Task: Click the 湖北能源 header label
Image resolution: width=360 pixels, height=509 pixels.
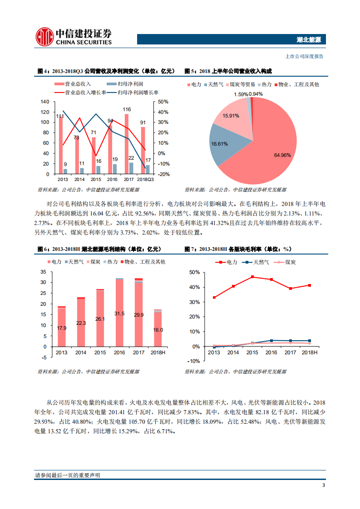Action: pyautogui.click(x=309, y=40)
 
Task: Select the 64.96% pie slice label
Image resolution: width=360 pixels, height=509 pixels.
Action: pyautogui.click(x=282, y=155)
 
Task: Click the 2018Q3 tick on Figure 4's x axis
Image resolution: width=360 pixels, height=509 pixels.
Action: pyautogui.click(x=146, y=179)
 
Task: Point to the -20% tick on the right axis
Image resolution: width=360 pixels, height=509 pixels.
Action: pyautogui.click(x=164, y=174)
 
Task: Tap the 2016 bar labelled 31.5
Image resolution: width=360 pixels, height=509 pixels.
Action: pyautogui.click(x=119, y=313)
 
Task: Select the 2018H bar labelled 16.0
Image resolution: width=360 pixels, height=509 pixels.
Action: pyautogui.click(x=158, y=329)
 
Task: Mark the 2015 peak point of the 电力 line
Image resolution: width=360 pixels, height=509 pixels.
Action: pyautogui.click(x=252, y=277)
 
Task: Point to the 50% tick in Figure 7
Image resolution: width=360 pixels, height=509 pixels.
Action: pyautogui.click(x=194, y=272)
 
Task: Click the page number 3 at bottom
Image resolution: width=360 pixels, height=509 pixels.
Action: pyautogui.click(x=323, y=485)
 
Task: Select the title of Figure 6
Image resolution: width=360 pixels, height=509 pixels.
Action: pyautogui.click(x=99, y=249)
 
